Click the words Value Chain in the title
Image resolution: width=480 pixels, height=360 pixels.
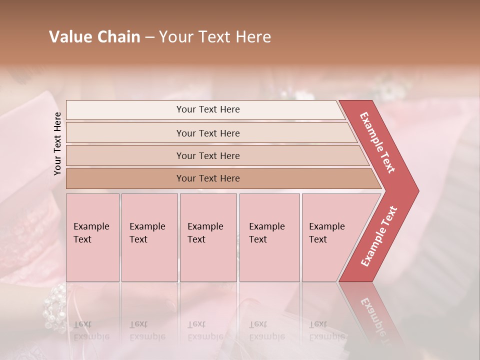point(94,37)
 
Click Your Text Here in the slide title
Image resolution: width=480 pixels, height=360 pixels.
point(215,37)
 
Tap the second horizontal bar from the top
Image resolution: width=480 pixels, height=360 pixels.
point(208,133)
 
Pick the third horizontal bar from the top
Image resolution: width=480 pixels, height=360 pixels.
point(208,155)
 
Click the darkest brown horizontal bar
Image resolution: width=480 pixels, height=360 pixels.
point(208,178)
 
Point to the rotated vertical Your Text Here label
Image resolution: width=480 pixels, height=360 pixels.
point(57,143)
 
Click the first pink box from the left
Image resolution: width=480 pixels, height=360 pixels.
point(92,237)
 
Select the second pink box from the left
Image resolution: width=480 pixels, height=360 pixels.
point(149,237)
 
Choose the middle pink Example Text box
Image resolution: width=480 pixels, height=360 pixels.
point(208,237)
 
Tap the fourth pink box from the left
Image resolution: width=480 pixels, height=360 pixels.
point(269,237)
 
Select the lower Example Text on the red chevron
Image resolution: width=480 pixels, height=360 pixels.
point(379,236)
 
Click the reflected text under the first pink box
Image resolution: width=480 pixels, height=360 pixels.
point(91,330)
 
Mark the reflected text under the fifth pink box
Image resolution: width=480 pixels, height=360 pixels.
point(326,330)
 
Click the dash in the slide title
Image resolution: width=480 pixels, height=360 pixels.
point(149,37)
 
